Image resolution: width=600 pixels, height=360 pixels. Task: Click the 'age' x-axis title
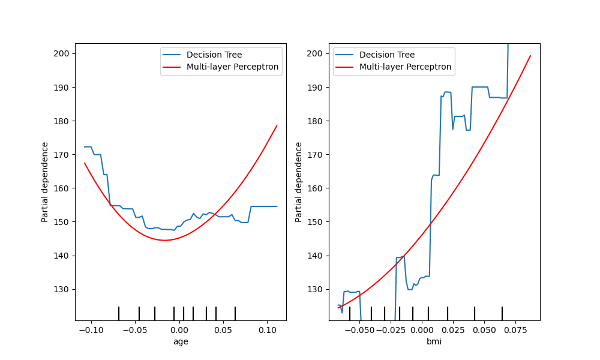click(x=181, y=341)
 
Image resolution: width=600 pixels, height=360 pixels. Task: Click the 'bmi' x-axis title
click(x=434, y=341)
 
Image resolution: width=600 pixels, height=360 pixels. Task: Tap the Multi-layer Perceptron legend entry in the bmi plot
click(x=405, y=67)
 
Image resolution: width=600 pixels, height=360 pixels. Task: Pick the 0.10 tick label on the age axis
click(x=268, y=330)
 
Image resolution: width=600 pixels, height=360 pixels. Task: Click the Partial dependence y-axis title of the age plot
click(x=45, y=182)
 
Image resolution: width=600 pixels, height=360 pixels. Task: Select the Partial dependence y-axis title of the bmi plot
click(x=299, y=182)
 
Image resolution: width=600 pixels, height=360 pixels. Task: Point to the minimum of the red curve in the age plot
click(x=164, y=240)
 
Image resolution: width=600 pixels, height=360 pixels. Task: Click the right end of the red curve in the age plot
click(x=277, y=125)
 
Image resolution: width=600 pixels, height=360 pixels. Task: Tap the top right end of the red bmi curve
click(x=530, y=56)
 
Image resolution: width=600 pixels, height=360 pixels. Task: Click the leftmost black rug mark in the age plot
click(x=119, y=313)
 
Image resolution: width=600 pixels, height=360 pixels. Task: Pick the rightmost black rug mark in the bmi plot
click(x=502, y=313)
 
